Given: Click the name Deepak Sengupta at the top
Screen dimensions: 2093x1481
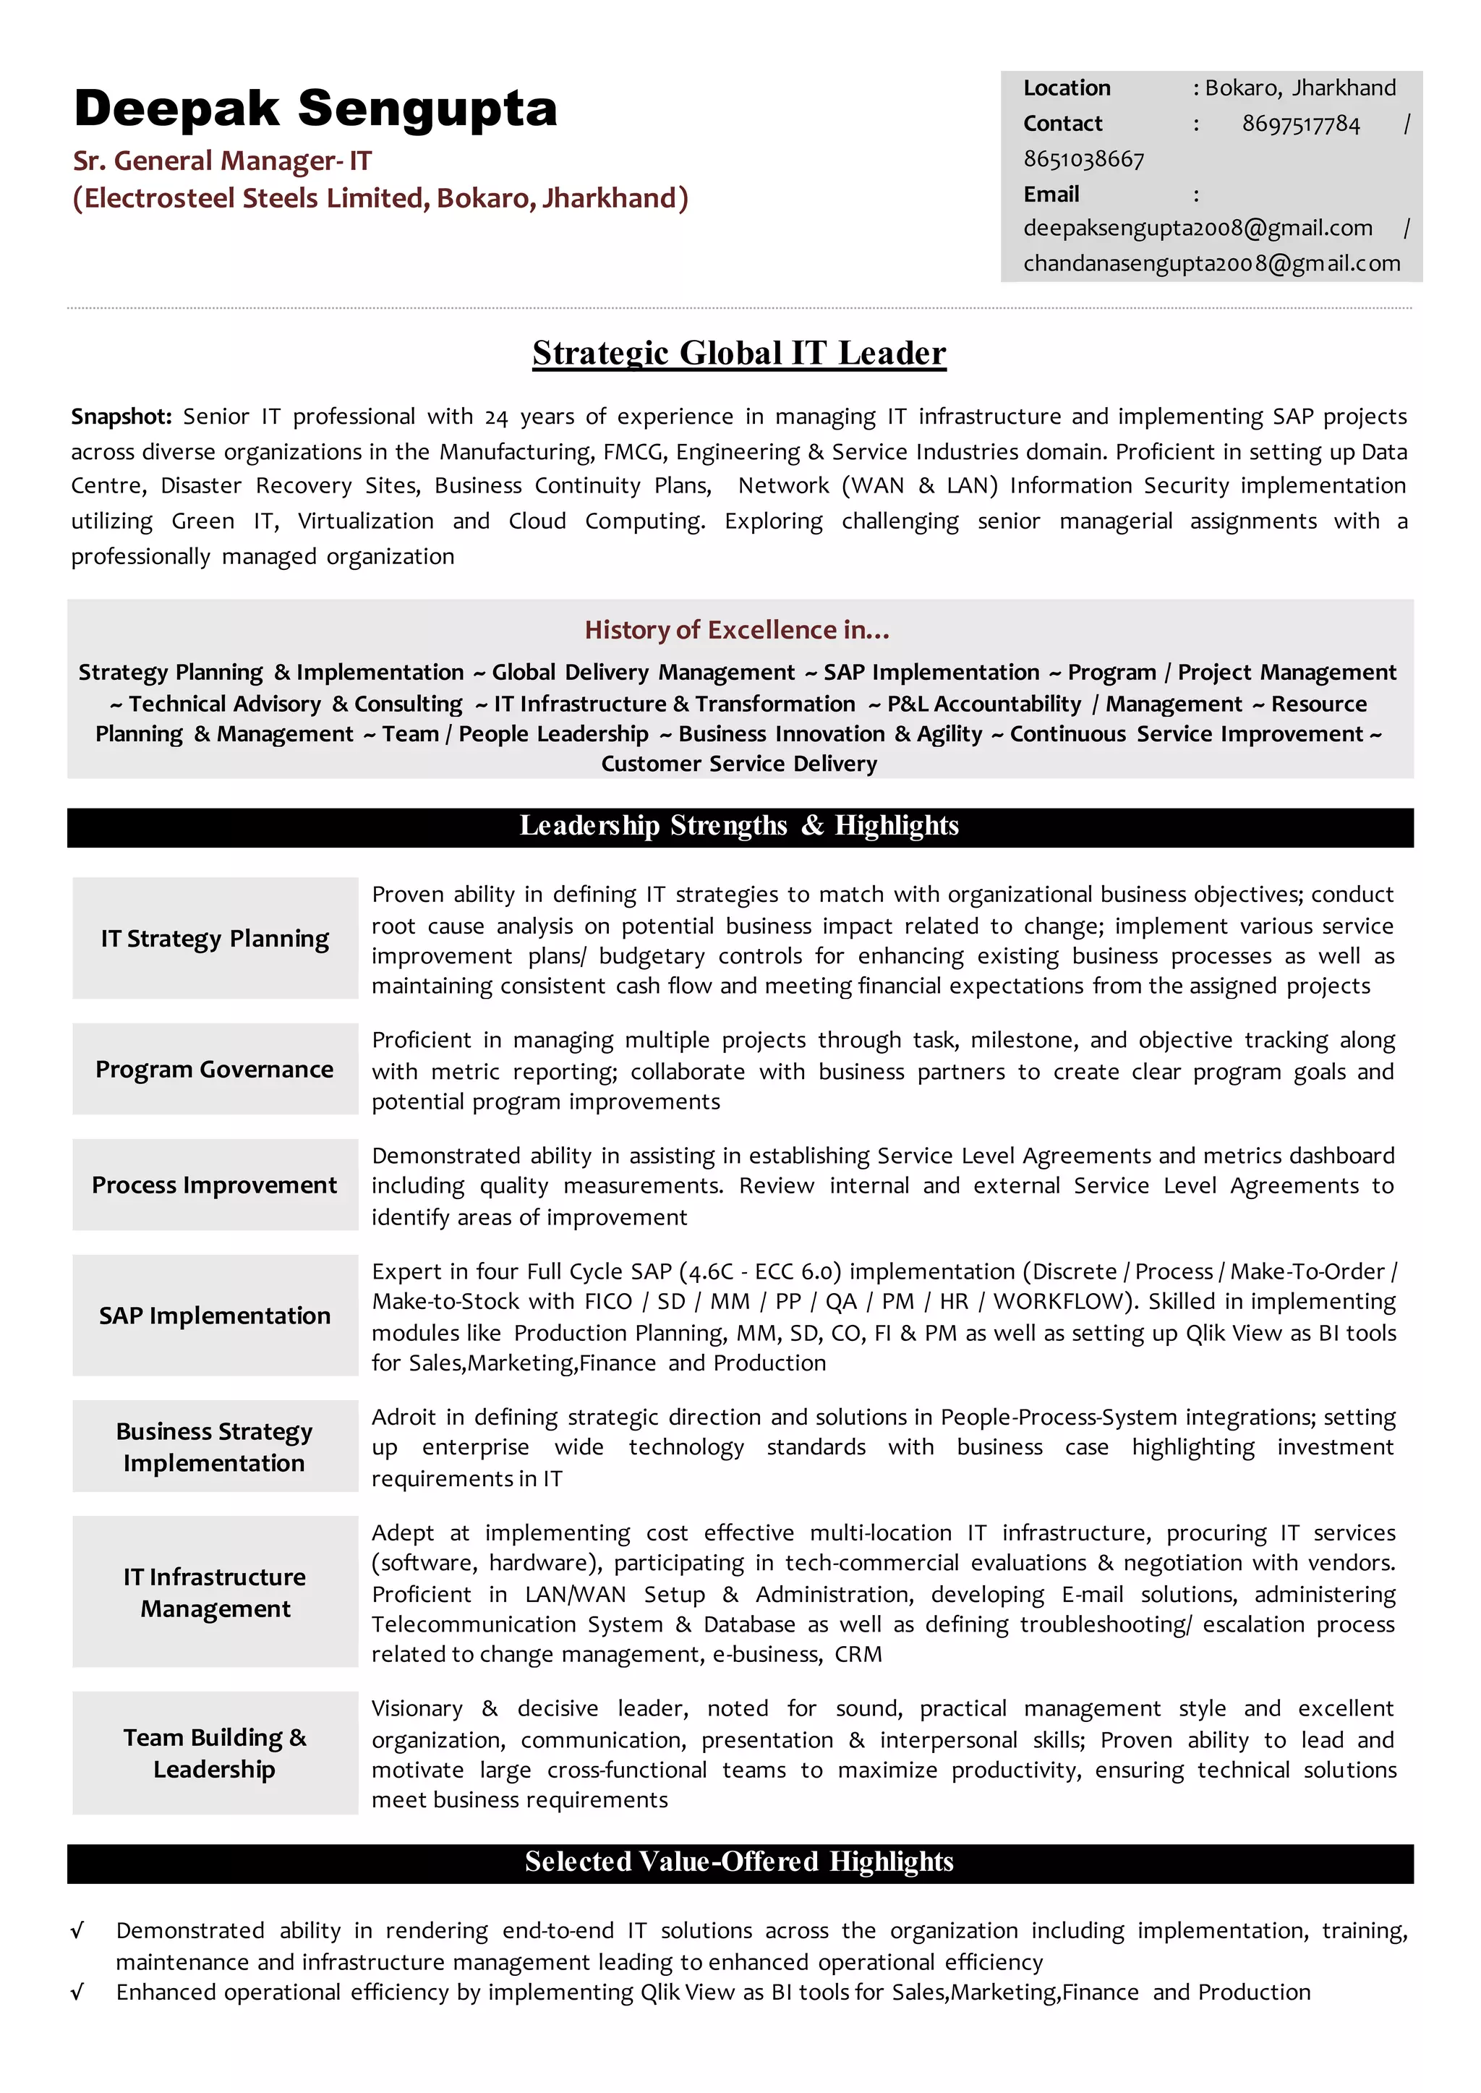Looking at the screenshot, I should click(315, 109).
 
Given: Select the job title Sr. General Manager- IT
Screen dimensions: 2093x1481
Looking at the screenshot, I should click(221, 161).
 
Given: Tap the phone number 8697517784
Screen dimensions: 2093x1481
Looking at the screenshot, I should click(1299, 124).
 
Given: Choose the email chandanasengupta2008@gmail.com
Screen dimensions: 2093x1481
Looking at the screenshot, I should click(1211, 263).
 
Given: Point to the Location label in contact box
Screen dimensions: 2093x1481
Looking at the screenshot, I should click(1066, 88).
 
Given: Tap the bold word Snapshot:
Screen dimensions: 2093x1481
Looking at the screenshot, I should click(121, 417).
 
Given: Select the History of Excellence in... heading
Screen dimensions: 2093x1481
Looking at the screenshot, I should click(737, 630).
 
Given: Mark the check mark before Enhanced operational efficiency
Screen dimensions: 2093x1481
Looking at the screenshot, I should click(77, 1992).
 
